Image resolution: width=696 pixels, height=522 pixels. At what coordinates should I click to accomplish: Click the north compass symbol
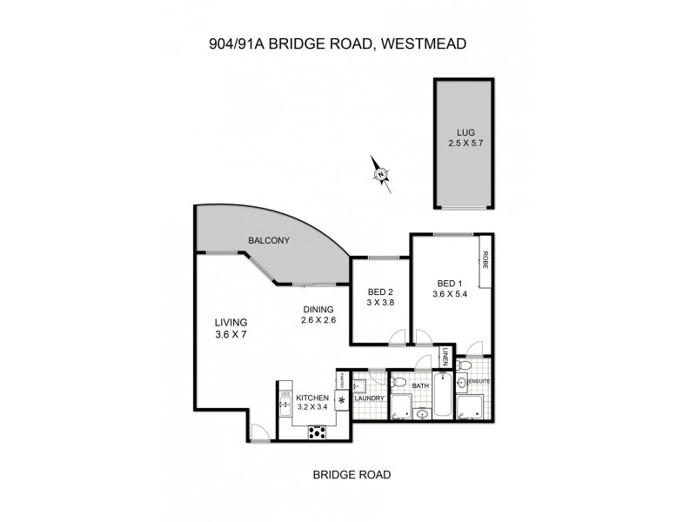pos(381,173)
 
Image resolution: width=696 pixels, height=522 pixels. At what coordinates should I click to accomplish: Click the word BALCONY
pos(269,241)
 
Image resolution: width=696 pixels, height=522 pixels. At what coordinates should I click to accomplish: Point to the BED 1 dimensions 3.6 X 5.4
pos(451,295)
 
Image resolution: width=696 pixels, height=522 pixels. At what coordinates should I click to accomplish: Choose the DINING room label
pos(319,309)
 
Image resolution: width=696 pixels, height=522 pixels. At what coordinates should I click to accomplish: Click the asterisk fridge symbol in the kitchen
pos(341,401)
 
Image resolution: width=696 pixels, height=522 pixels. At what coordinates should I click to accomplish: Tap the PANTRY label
pos(343,380)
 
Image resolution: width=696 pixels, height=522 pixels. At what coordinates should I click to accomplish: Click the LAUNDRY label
pos(371,398)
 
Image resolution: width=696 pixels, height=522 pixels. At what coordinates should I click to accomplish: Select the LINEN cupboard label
pos(445,358)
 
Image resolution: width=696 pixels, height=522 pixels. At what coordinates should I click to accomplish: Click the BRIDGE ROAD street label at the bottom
pos(351,475)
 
